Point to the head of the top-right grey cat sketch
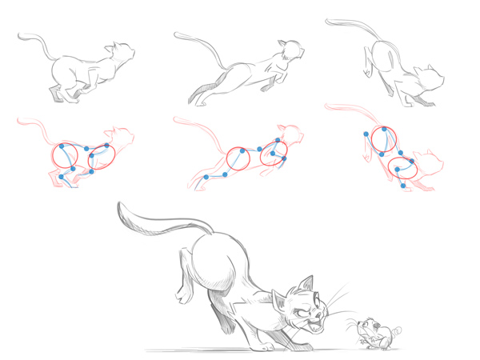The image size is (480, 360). pos(433,78)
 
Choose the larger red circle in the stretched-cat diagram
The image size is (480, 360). pos(239,158)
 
